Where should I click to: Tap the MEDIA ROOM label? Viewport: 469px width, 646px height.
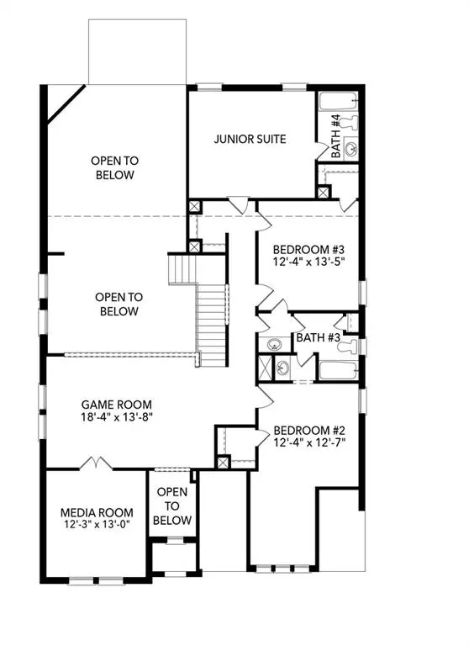pyautogui.click(x=97, y=512)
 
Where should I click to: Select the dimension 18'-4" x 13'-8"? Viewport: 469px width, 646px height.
pyautogui.click(x=116, y=416)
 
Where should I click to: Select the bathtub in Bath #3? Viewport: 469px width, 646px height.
pyautogui.click(x=337, y=371)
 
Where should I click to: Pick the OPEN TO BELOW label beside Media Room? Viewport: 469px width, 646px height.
pyautogui.click(x=174, y=506)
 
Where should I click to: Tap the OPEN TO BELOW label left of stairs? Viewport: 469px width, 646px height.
pyautogui.click(x=118, y=304)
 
